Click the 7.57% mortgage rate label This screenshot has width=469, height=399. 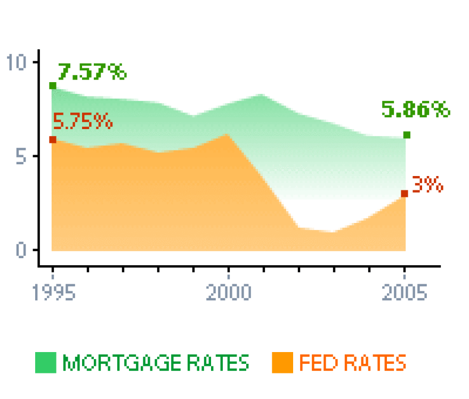pyautogui.click(x=92, y=71)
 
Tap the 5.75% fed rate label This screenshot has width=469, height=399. pyautogui.click(x=83, y=122)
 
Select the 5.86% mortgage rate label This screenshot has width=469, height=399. pyautogui.click(x=416, y=110)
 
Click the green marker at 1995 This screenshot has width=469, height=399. pyautogui.click(x=53, y=86)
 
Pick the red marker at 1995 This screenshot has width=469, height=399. pyautogui.click(x=53, y=140)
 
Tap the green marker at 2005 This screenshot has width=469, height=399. pyautogui.click(x=407, y=135)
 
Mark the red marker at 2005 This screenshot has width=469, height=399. pyautogui.click(x=405, y=194)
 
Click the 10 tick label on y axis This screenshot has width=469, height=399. pyautogui.click(x=17, y=62)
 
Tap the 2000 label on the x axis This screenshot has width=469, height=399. pyautogui.click(x=228, y=293)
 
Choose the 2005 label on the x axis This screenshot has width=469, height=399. pyautogui.click(x=405, y=293)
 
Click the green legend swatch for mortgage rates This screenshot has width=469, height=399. pyautogui.click(x=46, y=363)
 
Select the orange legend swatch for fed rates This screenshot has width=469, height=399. pyautogui.click(x=282, y=363)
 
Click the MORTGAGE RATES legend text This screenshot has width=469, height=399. pyautogui.click(x=156, y=363)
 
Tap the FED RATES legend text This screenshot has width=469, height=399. pyautogui.click(x=352, y=363)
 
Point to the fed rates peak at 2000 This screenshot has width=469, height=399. pyautogui.click(x=228, y=135)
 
